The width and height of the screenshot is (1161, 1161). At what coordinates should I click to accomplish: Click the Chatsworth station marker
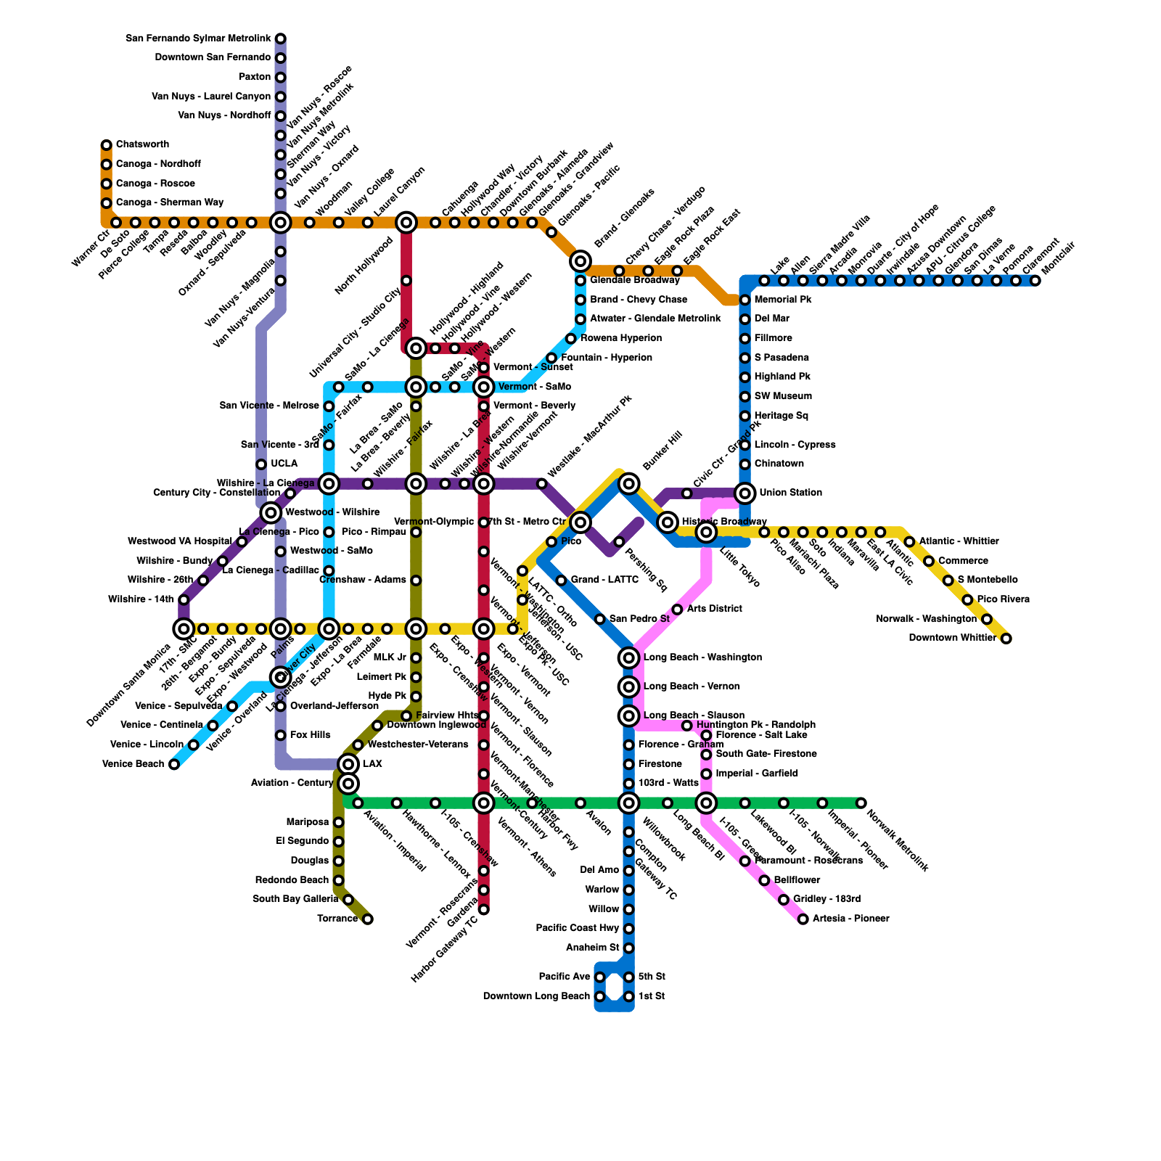pos(107,145)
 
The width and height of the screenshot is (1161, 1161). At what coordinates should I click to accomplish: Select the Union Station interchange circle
pos(744,493)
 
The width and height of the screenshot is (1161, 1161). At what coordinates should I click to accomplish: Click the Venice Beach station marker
pos(174,764)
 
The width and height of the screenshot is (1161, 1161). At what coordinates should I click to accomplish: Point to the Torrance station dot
pos(367,919)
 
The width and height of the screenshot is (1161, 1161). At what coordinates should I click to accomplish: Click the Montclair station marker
pos(1035,281)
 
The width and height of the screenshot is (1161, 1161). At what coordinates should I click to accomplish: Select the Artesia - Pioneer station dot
pos(803,919)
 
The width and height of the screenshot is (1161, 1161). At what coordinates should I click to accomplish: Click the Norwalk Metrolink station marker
pos(861,803)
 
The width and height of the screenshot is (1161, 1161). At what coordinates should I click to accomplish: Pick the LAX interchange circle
pos(348,764)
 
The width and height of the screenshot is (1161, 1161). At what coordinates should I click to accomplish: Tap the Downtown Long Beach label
pos(536,996)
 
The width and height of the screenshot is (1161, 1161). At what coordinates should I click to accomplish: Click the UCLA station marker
pos(261,464)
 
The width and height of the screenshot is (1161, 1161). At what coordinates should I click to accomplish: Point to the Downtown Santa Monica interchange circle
pos(184,628)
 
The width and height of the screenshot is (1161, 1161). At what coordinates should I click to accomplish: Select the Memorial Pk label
pos(783,300)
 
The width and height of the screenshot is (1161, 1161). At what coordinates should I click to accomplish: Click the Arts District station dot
pos(677,610)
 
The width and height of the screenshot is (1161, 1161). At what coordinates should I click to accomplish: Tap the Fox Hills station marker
pos(281,736)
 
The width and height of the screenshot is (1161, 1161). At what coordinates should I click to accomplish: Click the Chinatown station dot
pos(744,464)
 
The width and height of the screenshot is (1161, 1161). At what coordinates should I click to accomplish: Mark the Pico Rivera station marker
pos(967,600)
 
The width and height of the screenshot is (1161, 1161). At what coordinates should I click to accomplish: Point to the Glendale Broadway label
pos(634,280)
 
